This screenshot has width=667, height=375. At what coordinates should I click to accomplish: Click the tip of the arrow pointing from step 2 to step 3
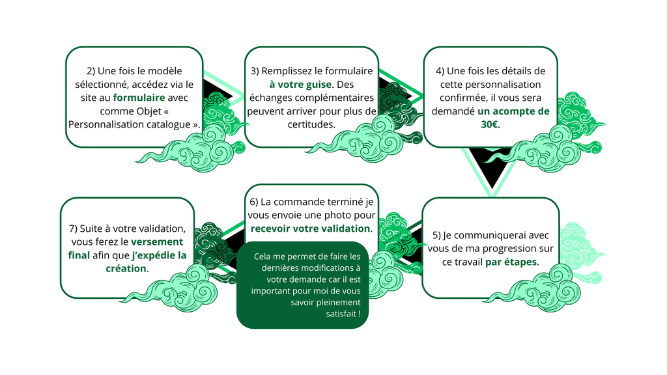(245, 98)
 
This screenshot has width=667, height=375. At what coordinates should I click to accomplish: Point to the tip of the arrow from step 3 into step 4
(423, 98)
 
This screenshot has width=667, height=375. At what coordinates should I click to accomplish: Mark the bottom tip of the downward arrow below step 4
(492, 197)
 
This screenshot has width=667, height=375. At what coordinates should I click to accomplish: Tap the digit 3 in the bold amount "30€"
(484, 124)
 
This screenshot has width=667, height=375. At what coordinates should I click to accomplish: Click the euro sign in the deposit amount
(495, 124)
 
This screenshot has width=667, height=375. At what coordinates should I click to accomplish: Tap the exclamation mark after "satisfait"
(360, 314)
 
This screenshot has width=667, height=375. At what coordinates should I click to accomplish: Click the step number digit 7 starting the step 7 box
(72, 229)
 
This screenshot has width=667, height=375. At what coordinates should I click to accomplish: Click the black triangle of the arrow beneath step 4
(492, 167)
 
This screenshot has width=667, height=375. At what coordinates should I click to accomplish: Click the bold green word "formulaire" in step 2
(139, 98)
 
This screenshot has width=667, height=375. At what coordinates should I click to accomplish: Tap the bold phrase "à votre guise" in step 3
(300, 85)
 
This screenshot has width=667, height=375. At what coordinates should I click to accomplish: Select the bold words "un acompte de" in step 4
(513, 111)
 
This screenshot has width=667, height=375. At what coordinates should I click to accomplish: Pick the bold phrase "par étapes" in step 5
(511, 262)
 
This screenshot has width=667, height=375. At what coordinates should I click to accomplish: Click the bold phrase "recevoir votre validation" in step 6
(310, 229)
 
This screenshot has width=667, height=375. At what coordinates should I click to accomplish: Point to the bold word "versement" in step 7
(157, 242)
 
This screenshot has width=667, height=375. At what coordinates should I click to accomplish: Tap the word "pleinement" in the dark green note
(338, 303)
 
